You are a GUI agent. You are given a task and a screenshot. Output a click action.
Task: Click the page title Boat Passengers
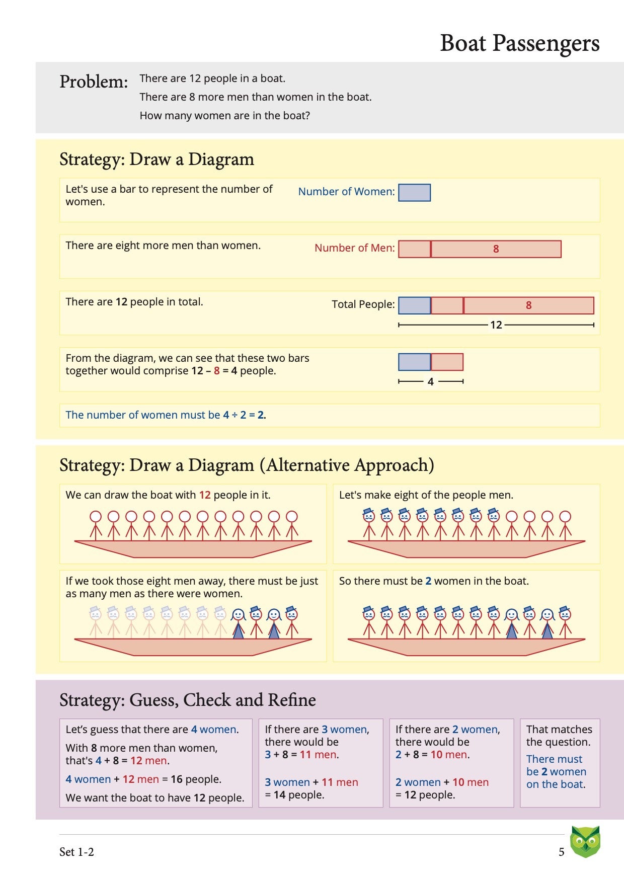pos(519,43)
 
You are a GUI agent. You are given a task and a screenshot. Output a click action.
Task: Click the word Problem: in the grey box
pos(94,82)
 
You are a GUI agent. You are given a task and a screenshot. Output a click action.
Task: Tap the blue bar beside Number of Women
pos(414,193)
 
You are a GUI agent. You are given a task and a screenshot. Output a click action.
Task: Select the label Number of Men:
pos(354,248)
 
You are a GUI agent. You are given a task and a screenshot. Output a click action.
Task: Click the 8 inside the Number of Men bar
pos(496,249)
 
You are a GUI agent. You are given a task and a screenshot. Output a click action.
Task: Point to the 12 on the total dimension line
pos(496,325)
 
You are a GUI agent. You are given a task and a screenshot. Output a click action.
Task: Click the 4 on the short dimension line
pos(430,382)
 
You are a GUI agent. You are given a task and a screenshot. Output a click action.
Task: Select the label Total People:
pos(363,304)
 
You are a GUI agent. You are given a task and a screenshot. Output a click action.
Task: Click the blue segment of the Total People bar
pos(414,305)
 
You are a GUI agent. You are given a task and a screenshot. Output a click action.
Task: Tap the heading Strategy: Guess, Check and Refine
pos(187,700)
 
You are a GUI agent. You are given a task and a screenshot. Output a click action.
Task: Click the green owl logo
pos(585,841)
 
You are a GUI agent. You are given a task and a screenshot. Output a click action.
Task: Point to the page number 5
pos(561,852)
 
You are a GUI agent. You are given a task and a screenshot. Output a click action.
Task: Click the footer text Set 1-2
pos(76,852)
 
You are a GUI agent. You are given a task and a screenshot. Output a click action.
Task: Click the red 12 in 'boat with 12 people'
pos(205,495)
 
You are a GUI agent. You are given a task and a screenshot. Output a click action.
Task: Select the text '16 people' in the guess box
pos(196,779)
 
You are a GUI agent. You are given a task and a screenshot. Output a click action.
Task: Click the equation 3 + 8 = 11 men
pos(301,755)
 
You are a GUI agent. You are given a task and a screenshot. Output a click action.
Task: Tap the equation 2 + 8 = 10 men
pos(432,755)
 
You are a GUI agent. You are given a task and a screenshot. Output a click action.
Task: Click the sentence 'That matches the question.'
pos(559,736)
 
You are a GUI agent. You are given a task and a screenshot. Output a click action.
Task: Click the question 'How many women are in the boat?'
pos(224,116)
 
